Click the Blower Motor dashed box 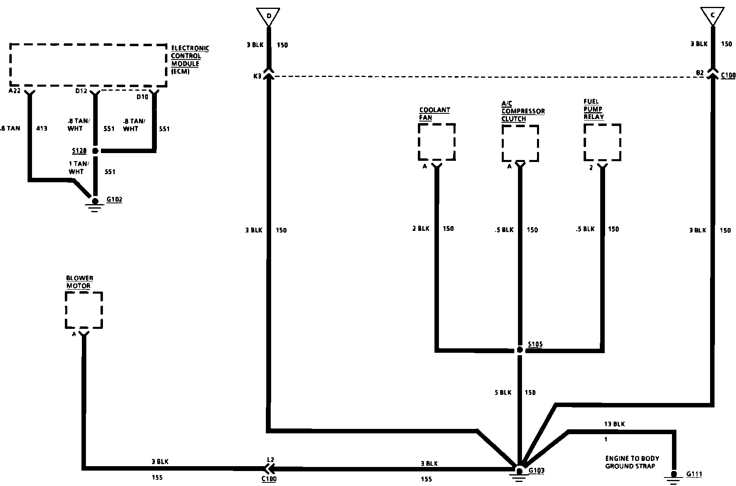pyautogui.click(x=83, y=310)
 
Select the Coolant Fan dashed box pyautogui.click(x=436, y=142)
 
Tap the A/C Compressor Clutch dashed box pyautogui.click(x=520, y=143)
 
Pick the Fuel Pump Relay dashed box pyautogui.click(x=602, y=143)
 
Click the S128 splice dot pyautogui.click(x=95, y=151)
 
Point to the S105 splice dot pyautogui.click(x=520, y=350)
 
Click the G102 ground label pyautogui.click(x=114, y=200)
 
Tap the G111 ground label pyautogui.click(x=694, y=474)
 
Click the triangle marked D pyautogui.click(x=268, y=16)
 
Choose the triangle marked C pyautogui.click(x=712, y=16)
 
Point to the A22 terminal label pyautogui.click(x=14, y=91)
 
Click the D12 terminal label pyautogui.click(x=81, y=91)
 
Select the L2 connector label pyautogui.click(x=270, y=460)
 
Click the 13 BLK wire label pyautogui.click(x=614, y=424)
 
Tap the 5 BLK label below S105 pyautogui.click(x=503, y=392)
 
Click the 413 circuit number pyautogui.click(x=42, y=128)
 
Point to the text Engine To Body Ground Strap pyautogui.click(x=632, y=462)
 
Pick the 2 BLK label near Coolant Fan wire pyautogui.click(x=421, y=229)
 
